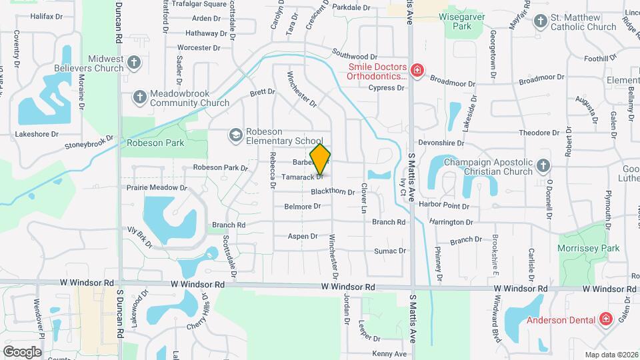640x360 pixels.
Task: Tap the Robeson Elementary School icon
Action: tap(235, 135)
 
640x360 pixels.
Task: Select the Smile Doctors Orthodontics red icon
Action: tap(417, 71)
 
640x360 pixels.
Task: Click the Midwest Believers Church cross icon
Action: tap(134, 63)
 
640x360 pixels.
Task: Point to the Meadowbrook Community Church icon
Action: tap(140, 97)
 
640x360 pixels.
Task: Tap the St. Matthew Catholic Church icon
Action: tap(541, 22)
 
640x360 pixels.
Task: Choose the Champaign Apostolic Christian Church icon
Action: tap(543, 165)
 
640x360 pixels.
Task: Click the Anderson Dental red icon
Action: tap(605, 319)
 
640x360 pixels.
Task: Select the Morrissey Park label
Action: tap(589, 249)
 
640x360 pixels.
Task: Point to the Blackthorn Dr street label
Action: tap(333, 192)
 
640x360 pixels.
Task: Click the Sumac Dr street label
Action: tap(390, 251)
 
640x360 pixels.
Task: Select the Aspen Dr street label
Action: tap(303, 237)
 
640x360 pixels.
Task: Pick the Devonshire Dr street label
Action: tap(440, 143)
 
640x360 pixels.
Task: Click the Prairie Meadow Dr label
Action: tap(157, 188)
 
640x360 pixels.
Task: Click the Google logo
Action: tap(22, 351)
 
